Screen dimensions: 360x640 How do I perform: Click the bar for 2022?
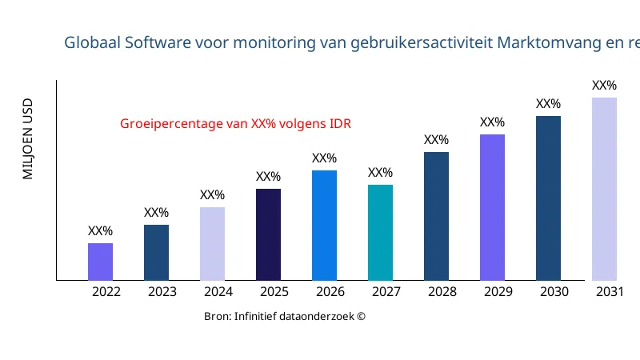[100, 262]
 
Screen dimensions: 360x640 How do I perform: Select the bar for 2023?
[156, 253]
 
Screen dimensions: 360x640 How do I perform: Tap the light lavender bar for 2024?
[212, 244]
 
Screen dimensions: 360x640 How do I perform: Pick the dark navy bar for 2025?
[268, 234]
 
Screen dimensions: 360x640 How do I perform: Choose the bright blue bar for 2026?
[324, 226]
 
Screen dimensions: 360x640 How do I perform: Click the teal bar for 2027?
[380, 233]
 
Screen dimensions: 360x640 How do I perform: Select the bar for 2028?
[436, 216]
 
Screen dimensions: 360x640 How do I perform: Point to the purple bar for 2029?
[492, 207]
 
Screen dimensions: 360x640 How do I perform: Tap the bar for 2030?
[548, 198]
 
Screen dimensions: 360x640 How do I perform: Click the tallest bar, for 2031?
[604, 189]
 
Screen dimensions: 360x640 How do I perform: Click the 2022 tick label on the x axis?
[106, 292]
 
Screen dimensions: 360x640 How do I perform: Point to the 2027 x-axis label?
[386, 292]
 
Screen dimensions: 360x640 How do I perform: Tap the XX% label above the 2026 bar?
[324, 158]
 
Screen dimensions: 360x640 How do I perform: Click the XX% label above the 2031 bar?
[604, 86]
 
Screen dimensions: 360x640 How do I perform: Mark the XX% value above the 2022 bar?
[100, 231]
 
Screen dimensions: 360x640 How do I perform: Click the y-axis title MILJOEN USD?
[28, 138]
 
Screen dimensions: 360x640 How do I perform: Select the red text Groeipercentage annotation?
[235, 124]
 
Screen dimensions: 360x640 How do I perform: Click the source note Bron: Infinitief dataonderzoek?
[285, 317]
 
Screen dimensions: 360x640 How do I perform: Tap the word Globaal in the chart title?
[93, 42]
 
